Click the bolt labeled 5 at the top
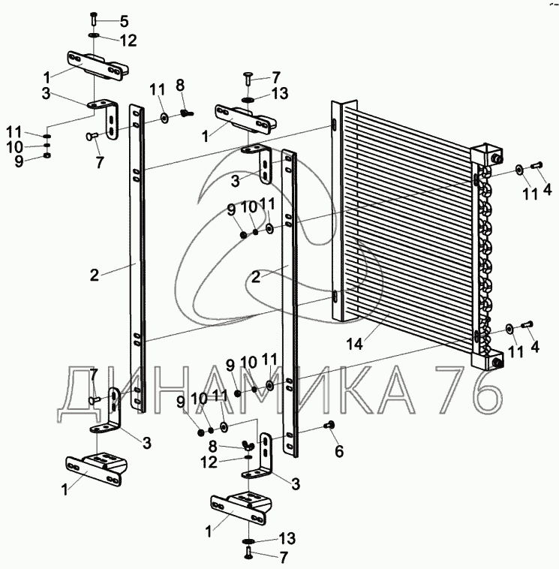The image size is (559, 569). [x=92, y=18]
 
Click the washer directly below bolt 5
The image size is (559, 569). [x=92, y=35]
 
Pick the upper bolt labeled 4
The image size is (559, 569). [x=536, y=167]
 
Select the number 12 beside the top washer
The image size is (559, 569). [x=128, y=39]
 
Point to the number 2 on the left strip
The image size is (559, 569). [x=95, y=275]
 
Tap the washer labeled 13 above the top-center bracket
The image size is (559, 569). [x=249, y=98]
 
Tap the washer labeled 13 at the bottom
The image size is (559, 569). [x=248, y=541]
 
